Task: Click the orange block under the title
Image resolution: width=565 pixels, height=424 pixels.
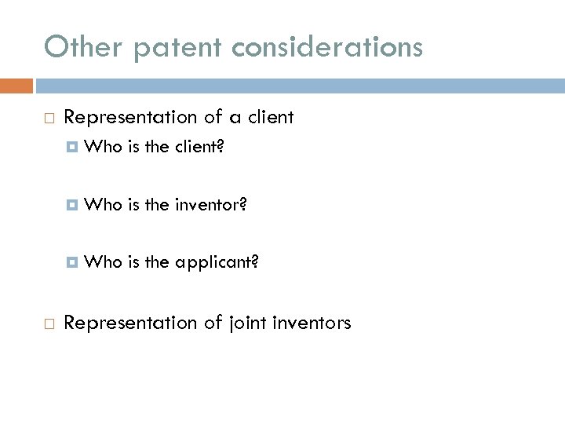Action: point(16,85)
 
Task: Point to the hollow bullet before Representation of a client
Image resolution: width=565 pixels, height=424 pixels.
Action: point(49,119)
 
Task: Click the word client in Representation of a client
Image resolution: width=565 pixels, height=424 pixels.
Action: point(269,118)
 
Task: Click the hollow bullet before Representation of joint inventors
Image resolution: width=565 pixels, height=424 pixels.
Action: point(49,323)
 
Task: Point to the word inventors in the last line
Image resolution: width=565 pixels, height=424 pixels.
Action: point(312,323)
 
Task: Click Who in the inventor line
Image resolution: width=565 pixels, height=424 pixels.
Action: point(101,205)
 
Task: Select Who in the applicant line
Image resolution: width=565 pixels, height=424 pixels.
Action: point(101,262)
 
